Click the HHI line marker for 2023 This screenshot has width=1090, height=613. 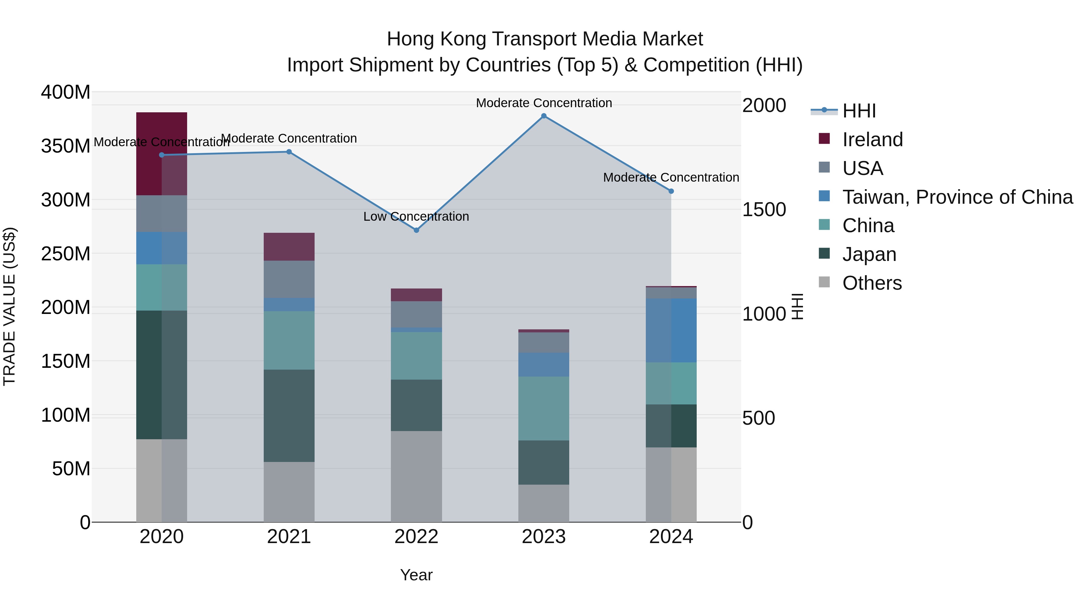(x=544, y=116)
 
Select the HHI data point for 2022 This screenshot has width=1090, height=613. (x=416, y=230)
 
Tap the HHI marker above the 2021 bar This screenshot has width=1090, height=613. (x=289, y=152)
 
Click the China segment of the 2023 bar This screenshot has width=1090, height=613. (x=544, y=408)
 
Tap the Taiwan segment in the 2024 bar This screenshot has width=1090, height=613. (x=671, y=330)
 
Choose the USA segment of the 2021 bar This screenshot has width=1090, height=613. (x=289, y=279)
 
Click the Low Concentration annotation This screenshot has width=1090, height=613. (x=416, y=217)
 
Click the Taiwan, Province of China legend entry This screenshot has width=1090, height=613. (x=957, y=197)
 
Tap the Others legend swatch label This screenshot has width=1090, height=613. (x=872, y=283)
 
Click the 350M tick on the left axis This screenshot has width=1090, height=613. (x=66, y=146)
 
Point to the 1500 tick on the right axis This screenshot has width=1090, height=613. (x=764, y=209)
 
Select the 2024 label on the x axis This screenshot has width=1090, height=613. (x=671, y=537)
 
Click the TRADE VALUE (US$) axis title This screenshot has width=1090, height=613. (x=9, y=306)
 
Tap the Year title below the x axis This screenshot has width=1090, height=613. (x=416, y=575)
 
